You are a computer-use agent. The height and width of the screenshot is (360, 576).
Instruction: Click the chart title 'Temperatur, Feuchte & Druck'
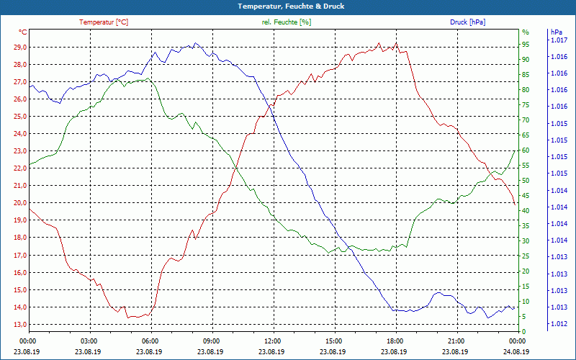click(x=288, y=6)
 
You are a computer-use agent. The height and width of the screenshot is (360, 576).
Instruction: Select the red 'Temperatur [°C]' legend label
click(x=104, y=22)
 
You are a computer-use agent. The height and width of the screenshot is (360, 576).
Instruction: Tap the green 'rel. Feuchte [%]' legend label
click(x=286, y=22)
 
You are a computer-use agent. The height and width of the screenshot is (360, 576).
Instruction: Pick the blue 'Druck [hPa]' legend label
click(x=467, y=22)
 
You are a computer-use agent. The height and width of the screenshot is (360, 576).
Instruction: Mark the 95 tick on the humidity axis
click(x=525, y=44)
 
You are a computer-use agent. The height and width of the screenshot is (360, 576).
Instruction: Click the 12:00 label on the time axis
click(x=273, y=341)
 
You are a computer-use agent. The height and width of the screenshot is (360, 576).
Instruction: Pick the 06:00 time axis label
click(x=150, y=341)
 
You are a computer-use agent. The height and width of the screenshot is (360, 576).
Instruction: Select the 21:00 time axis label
click(x=456, y=341)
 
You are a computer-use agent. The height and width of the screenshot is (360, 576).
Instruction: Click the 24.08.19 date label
click(x=517, y=351)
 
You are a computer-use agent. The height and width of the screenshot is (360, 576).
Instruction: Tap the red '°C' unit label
click(x=23, y=32)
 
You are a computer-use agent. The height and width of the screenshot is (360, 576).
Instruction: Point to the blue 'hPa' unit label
click(x=556, y=32)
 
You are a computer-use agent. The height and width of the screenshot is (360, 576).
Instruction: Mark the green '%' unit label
click(x=525, y=32)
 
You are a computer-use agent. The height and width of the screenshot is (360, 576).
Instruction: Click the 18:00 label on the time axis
click(x=395, y=341)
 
